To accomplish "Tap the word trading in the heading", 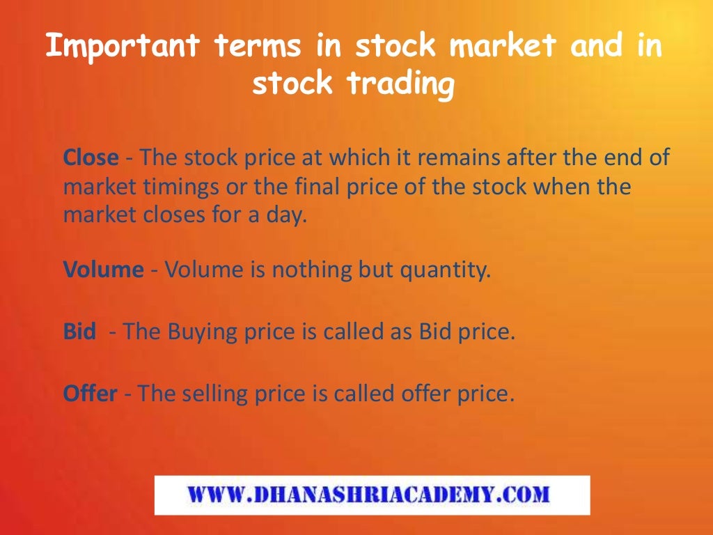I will [400, 84].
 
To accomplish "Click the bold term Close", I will [91, 157].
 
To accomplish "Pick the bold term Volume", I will [103, 270].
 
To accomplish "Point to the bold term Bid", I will [79, 332].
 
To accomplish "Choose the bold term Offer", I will [90, 394].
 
